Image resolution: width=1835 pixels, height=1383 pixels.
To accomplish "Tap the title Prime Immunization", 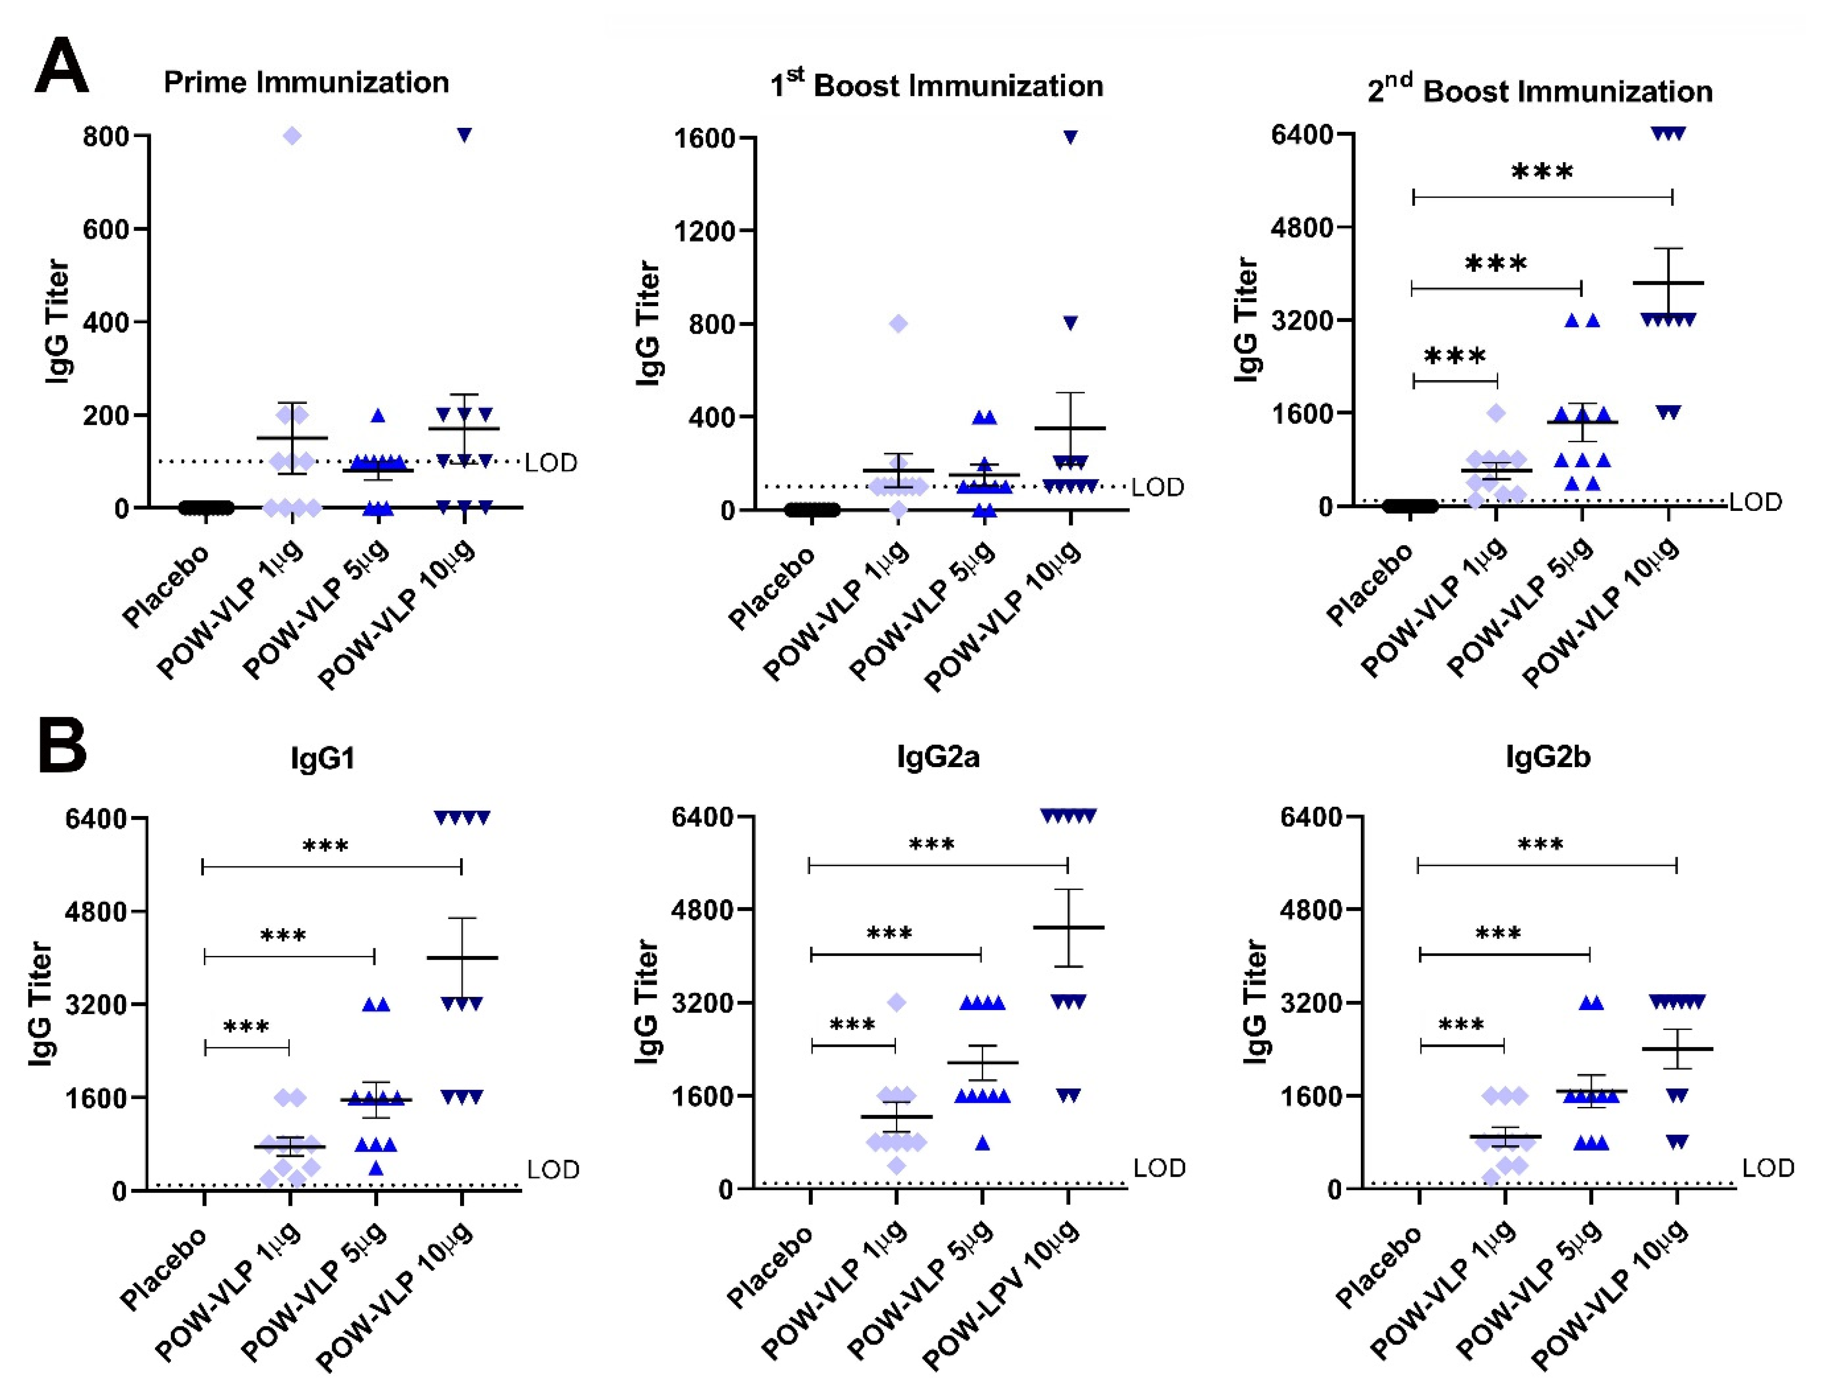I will click(x=306, y=82).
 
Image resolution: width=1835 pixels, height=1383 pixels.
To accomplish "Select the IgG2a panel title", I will click(x=938, y=757).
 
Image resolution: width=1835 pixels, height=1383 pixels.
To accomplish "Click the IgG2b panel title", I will click(x=1548, y=757).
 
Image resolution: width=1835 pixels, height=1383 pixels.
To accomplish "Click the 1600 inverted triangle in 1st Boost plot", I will click(x=1070, y=138).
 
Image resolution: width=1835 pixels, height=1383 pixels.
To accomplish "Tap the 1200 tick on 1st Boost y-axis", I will click(x=706, y=230).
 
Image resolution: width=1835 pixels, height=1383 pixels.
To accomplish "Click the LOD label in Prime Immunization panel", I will click(x=551, y=463).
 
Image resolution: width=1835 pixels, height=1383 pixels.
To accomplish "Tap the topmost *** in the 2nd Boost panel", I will click(x=1542, y=172).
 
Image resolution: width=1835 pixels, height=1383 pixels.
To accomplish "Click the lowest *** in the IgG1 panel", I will click(x=247, y=1027).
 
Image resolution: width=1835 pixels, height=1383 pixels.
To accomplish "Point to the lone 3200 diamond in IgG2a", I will click(x=897, y=1003).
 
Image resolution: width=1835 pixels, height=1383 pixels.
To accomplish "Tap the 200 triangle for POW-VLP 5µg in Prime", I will click(x=378, y=415).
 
